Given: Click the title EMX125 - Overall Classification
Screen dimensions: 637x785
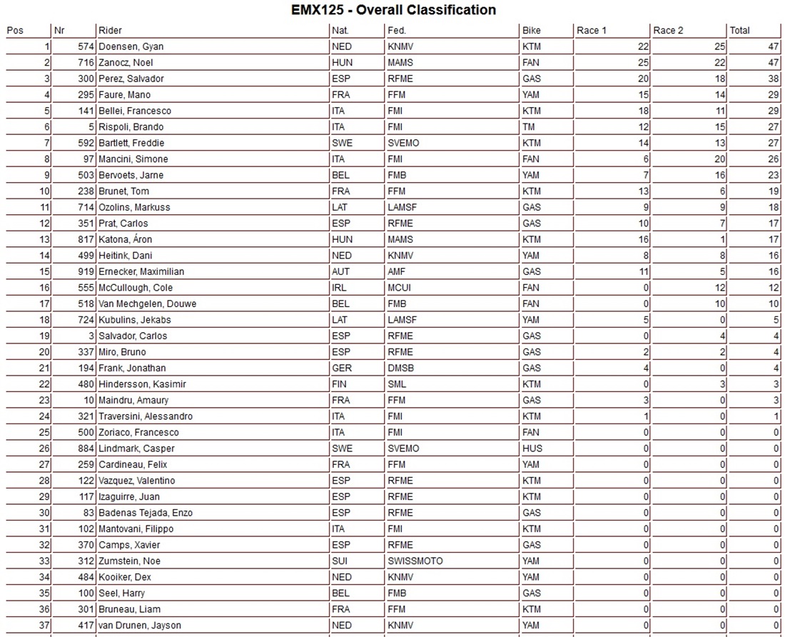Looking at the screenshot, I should point(393,10).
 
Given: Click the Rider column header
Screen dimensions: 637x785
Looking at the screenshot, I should point(111,31).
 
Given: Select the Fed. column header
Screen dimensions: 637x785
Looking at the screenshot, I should point(397,31).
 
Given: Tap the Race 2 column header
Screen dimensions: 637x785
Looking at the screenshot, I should point(668,31).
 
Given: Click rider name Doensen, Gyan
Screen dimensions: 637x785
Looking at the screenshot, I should point(131,46).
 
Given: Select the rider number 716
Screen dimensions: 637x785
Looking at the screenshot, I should point(86,63).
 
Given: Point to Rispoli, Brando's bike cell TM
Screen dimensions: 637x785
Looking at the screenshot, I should point(530,127).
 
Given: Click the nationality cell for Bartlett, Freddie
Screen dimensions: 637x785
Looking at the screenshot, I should point(343,143).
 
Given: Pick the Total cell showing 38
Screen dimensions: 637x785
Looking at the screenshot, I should point(771,79).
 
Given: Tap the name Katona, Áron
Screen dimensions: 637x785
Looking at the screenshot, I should point(126,239).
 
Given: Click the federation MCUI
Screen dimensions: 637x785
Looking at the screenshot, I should point(399,288).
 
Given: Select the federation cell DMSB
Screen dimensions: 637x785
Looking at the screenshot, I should point(400,368).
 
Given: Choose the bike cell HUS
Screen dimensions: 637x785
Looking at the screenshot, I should point(532,448).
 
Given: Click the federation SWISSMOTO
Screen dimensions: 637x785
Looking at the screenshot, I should point(415,561).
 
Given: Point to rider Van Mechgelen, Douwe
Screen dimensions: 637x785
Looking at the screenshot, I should point(148,304).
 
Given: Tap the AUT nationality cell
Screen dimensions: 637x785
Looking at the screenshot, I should point(341,271).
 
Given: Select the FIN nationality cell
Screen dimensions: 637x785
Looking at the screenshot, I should point(340,384).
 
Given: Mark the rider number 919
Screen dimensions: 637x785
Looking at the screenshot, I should point(86,271).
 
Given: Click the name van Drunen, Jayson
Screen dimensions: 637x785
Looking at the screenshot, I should point(140,625).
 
